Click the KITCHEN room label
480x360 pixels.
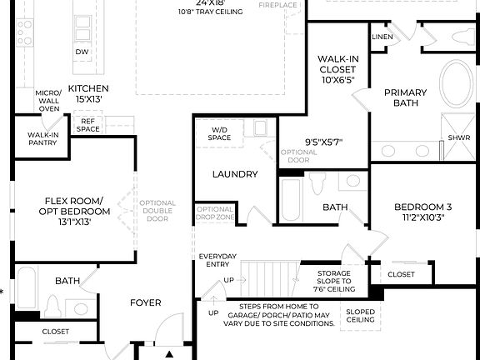pos(89,93)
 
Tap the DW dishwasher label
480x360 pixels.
pos(82,52)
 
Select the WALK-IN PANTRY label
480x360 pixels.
pos(42,139)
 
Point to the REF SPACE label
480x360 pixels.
pos(88,125)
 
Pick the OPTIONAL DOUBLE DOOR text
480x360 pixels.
pos(157,211)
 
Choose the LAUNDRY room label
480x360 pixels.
pos(234,174)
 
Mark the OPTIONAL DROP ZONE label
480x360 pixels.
pos(214,213)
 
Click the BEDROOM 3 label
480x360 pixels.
pos(424,212)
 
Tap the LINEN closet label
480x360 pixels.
pos(382,37)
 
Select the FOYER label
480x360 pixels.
pos(145,302)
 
